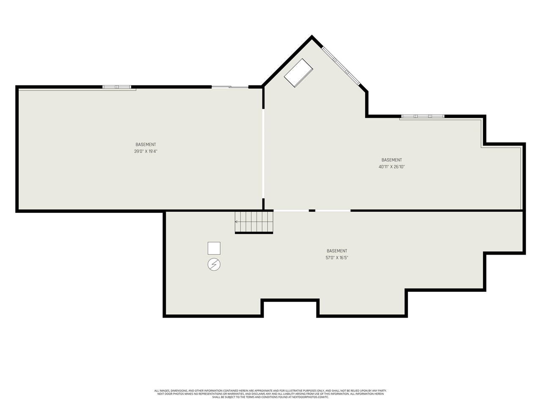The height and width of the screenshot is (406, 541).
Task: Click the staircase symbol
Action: (254, 222)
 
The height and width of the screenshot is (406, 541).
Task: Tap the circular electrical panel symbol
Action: (214, 264)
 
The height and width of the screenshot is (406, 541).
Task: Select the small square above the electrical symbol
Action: (214, 248)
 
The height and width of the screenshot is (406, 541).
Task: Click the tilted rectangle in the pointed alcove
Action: (298, 73)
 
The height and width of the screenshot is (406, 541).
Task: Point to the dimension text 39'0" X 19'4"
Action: (146, 151)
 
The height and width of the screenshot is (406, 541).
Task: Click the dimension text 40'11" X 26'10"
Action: (392, 167)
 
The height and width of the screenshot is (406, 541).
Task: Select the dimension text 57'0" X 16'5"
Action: (337, 258)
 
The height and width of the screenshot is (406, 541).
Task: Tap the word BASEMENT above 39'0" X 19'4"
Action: (146, 145)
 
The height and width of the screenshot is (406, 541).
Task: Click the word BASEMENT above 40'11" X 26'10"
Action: (392, 160)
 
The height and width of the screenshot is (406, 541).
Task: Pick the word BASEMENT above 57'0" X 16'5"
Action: (337, 251)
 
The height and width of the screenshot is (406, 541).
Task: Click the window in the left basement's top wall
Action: (117, 87)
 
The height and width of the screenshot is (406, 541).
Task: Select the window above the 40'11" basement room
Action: (423, 116)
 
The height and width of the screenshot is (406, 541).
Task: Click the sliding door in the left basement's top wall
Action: (230, 87)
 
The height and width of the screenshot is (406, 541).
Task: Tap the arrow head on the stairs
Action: (236, 222)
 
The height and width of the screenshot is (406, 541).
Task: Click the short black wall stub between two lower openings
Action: (312, 211)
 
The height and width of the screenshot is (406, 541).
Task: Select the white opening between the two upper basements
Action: (263, 154)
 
